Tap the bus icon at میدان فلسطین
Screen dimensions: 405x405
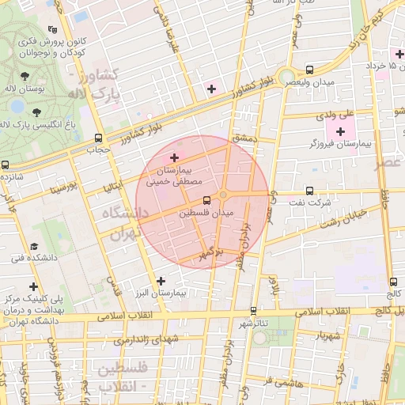[206, 200]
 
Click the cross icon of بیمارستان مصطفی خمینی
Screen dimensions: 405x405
[175, 158]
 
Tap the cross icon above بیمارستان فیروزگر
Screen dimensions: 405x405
[341, 131]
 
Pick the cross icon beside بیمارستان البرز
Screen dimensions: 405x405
[161, 281]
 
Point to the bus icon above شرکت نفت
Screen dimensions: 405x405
[309, 190]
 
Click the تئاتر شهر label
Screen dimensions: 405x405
[254, 324]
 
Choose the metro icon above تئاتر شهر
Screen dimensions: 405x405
[254, 311]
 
